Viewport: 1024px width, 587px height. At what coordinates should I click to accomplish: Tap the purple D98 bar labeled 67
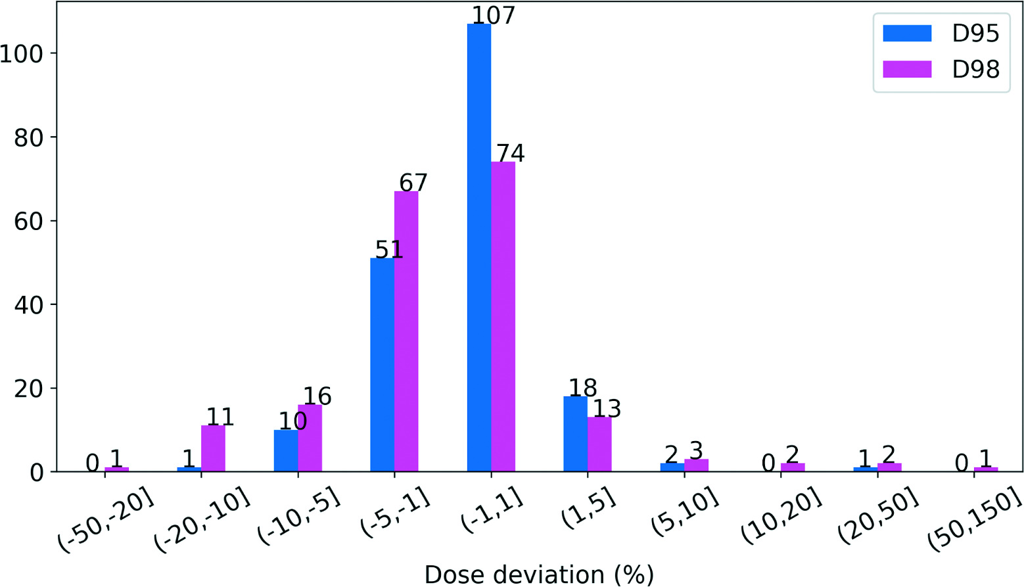click(406, 331)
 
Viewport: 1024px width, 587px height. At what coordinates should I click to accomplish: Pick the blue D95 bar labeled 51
click(382, 365)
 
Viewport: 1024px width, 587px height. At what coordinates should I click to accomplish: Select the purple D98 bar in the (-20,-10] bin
click(213, 448)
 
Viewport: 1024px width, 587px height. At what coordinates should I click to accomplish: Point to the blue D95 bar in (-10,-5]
click(285, 451)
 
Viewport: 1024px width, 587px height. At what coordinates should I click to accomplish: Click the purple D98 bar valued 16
click(310, 438)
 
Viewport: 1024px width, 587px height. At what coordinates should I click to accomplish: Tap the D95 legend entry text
click(975, 34)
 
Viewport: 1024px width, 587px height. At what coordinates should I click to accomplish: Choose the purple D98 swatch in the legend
click(907, 69)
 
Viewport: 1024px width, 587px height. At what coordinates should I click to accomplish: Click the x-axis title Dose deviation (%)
click(539, 574)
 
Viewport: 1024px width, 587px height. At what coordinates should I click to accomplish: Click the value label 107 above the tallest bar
click(493, 14)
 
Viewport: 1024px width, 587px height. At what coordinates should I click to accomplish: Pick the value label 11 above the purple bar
click(220, 417)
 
